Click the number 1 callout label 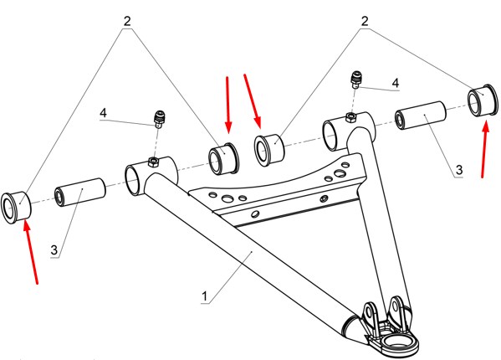coord(204,296)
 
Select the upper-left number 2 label coord(127,21)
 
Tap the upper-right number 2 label coord(365,21)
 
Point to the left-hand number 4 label coord(103,113)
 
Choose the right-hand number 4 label coord(396,83)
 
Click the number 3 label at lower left coord(54,249)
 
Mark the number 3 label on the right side coord(459,169)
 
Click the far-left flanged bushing coord(16,207)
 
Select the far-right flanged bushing coord(483,100)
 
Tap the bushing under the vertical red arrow coord(223,159)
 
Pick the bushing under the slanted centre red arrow coord(269,150)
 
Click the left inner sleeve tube coord(80,193)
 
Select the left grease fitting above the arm coord(159,119)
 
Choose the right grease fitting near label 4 coord(355,80)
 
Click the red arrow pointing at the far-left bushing coord(31,251)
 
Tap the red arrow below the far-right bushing coord(485,148)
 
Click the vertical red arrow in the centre coord(227,105)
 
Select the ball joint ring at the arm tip coord(396,345)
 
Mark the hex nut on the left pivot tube coord(153,162)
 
